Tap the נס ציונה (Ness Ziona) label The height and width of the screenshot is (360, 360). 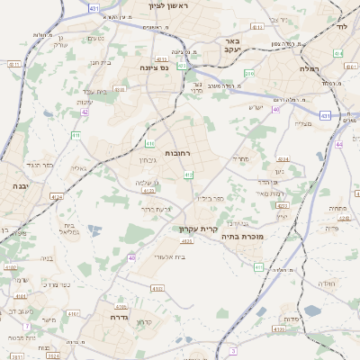coord(156,67)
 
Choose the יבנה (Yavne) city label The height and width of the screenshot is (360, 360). coord(20,185)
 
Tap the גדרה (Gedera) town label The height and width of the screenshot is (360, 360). coord(120,318)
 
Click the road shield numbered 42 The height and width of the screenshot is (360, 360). coord(85,112)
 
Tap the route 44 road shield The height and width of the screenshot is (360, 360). coord(339,144)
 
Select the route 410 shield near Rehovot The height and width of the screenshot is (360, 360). coord(187,175)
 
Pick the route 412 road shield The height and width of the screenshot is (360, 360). coord(183,66)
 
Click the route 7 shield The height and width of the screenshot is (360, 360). coord(27,325)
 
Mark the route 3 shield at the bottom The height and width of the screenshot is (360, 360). coord(233,350)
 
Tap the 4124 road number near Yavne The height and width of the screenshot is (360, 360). coord(56,197)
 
